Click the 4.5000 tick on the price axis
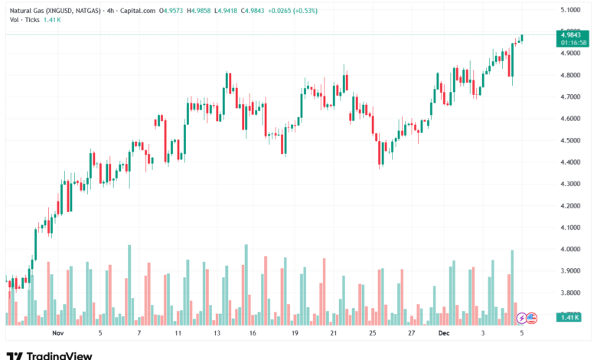click(570, 140)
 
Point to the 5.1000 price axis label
click(570, 10)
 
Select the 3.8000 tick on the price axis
click(570, 293)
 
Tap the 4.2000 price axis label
click(570, 206)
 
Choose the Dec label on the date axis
click(444, 334)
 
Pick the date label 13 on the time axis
click(217, 334)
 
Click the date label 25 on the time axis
click(372, 334)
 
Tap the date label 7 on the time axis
click(139, 334)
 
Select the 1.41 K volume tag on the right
click(571, 317)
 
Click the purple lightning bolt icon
click(522, 317)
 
